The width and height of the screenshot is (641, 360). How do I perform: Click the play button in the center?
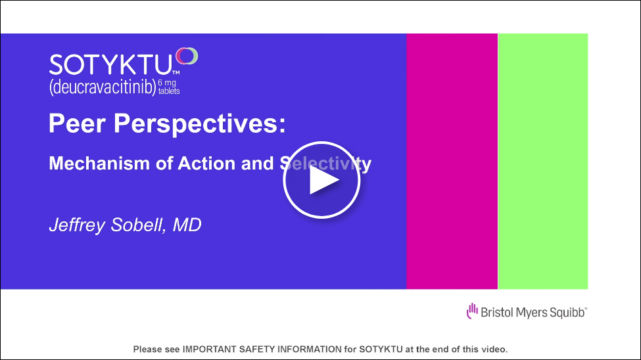(x=321, y=180)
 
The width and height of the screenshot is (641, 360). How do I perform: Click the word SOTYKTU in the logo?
(x=110, y=65)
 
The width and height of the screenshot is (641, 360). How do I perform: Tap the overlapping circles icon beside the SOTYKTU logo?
(x=187, y=56)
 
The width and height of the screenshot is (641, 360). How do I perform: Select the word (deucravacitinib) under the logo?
(x=103, y=87)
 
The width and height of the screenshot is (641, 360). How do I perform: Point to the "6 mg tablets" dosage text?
(x=169, y=87)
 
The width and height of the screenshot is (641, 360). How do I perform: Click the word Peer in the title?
(x=77, y=124)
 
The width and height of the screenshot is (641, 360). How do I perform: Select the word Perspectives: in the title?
(x=199, y=124)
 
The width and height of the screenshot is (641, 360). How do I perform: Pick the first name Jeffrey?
(x=77, y=225)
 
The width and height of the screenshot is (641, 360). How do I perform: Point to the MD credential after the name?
(x=187, y=225)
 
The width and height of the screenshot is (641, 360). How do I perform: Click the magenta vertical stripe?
(x=452, y=162)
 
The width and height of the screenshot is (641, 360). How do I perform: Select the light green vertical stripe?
(x=543, y=162)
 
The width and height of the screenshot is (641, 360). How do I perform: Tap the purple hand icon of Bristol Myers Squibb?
(x=472, y=311)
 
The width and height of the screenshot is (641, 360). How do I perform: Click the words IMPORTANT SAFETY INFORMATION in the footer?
(x=262, y=349)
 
